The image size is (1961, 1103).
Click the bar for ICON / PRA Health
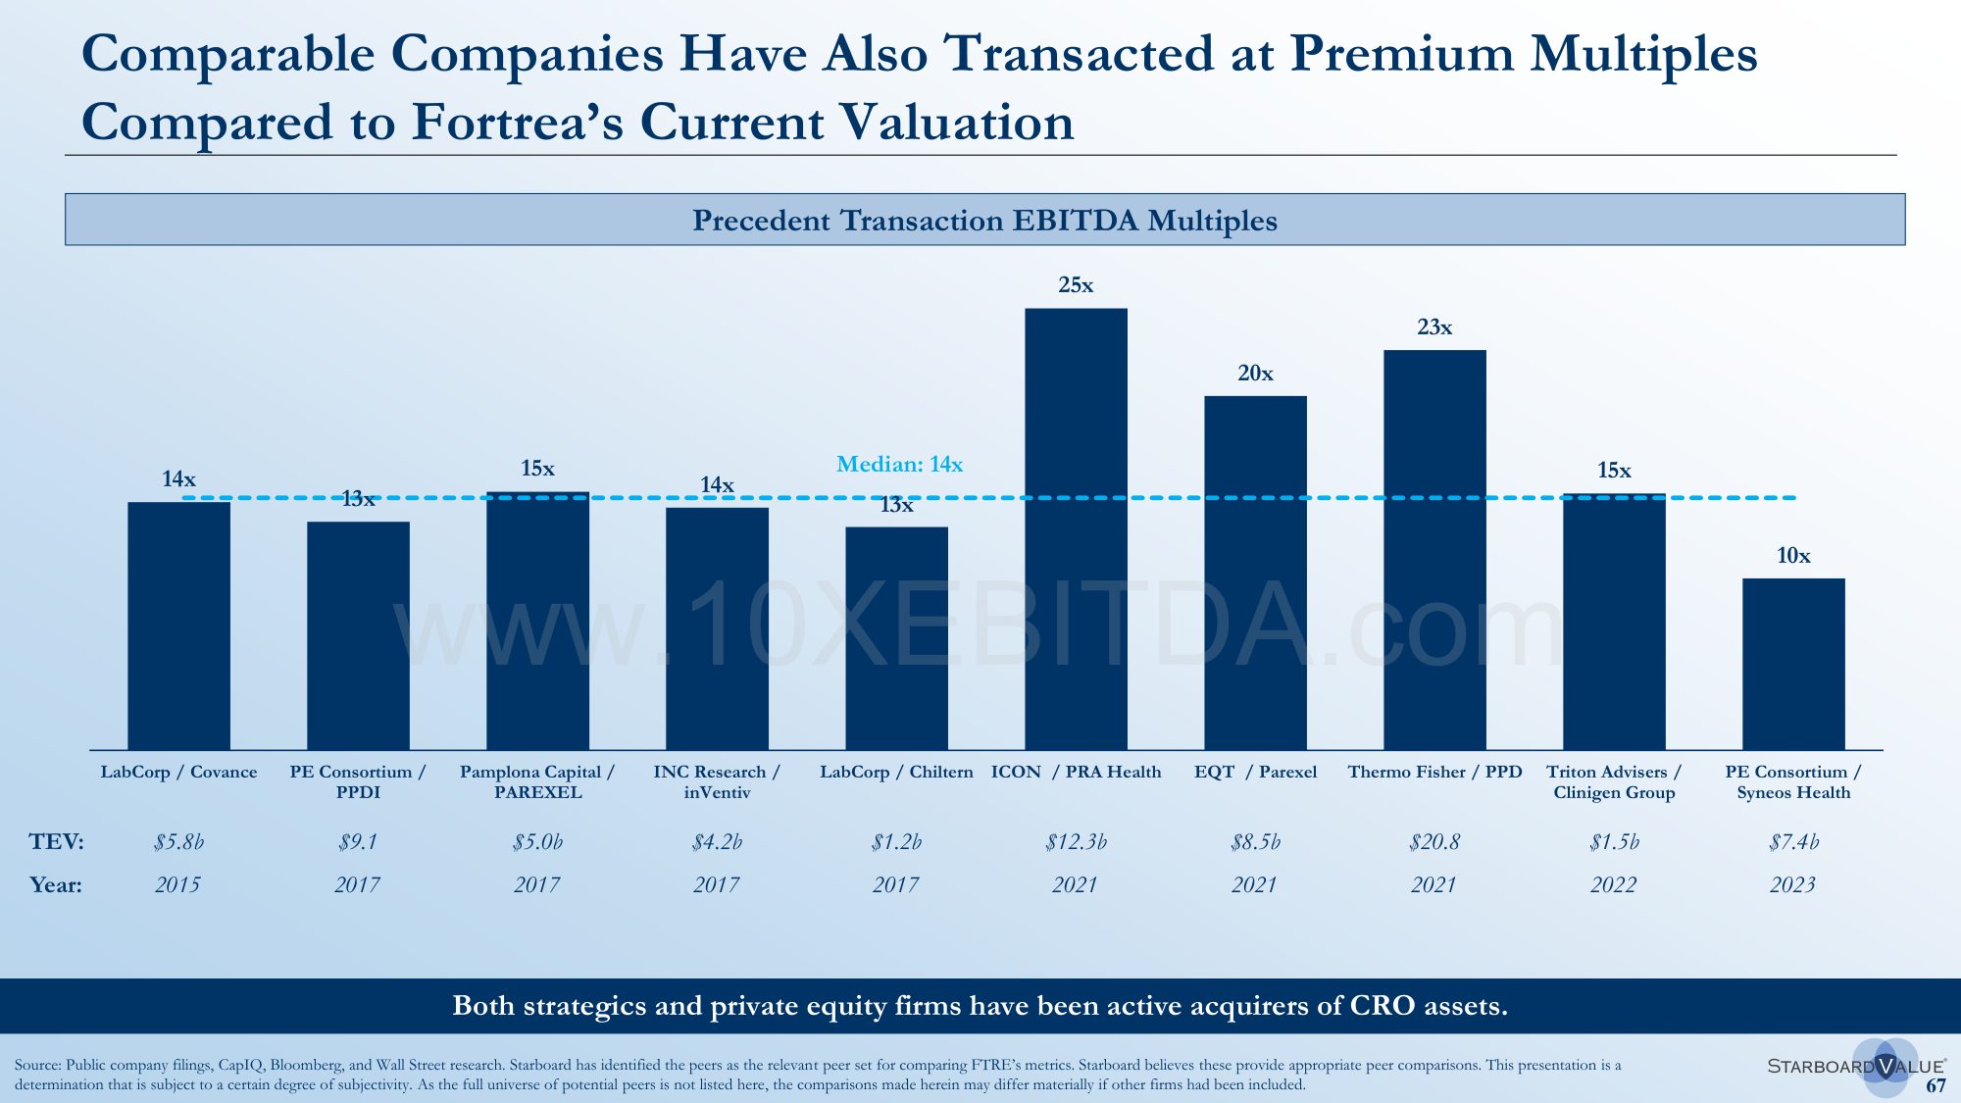(1076, 529)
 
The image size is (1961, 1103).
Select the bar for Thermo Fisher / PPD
(1434, 549)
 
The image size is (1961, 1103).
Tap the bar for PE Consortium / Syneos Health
(1793, 664)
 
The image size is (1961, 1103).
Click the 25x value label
(1076, 285)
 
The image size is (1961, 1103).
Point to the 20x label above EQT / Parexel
(1255, 374)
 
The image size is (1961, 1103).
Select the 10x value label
(1793, 556)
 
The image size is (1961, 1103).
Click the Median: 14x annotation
(899, 465)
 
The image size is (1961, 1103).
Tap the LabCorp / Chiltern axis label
(896, 773)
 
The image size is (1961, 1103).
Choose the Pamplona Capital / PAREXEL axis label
(537, 782)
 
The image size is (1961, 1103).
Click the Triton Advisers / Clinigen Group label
(1614, 782)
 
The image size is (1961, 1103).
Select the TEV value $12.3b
(1076, 842)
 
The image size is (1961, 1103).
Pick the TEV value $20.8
(1434, 842)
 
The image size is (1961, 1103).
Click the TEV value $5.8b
(178, 842)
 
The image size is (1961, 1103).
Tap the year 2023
(1792, 885)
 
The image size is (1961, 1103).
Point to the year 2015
(177, 885)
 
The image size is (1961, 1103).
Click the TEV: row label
(56, 842)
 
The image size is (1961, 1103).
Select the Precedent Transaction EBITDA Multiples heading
(984, 220)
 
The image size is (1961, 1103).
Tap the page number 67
(1936, 1086)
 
